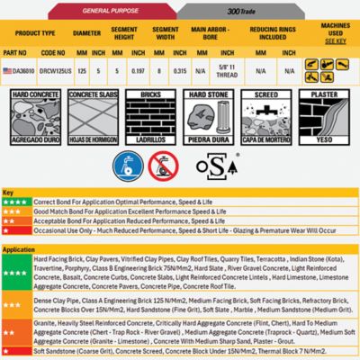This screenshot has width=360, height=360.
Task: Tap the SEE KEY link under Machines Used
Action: tap(335, 41)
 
